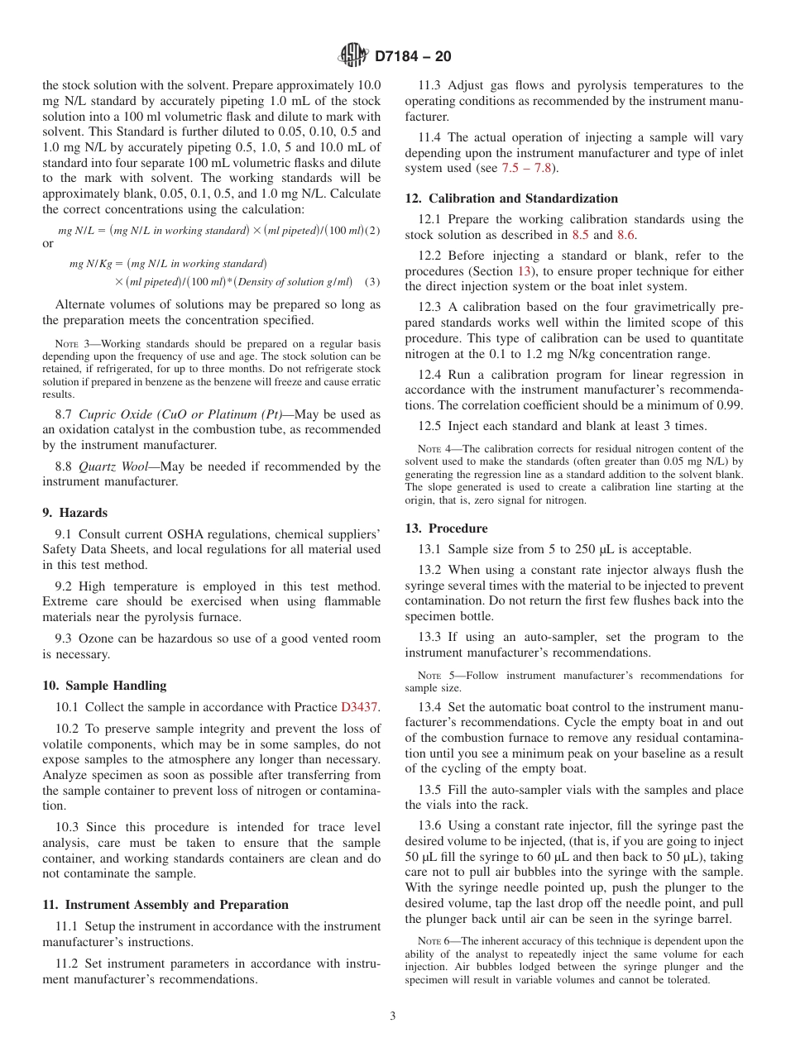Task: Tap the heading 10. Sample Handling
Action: tap(104, 686)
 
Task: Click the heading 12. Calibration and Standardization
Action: tap(510, 198)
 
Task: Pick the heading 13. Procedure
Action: tap(446, 528)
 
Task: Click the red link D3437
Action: tap(359, 707)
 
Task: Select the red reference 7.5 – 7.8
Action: tap(530, 168)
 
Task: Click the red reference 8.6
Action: tap(626, 235)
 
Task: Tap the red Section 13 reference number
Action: tap(525, 271)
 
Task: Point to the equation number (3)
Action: tap(372, 282)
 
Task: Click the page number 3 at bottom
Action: tap(393, 1016)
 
